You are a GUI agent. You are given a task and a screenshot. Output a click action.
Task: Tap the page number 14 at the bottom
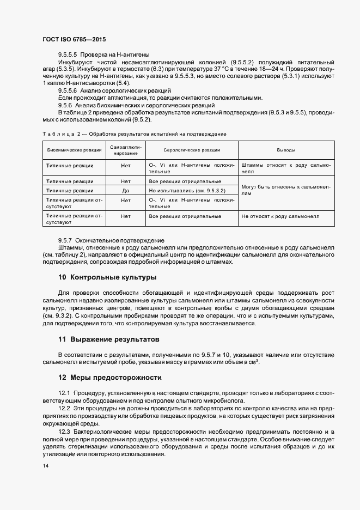[45, 466]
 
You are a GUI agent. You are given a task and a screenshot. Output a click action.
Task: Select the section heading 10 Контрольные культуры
[107, 277]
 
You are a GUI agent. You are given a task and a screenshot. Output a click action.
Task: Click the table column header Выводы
[287, 150]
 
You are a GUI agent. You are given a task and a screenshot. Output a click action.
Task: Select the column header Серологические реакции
[192, 150]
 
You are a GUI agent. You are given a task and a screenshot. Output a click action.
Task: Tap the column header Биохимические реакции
[75, 150]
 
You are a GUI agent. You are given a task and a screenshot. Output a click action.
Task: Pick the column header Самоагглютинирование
[126, 150]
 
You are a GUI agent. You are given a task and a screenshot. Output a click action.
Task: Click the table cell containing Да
[126, 191]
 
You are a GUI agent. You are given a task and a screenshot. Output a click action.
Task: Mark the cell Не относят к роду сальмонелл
[280, 216]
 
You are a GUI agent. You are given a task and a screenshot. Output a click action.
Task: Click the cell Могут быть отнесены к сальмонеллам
[287, 190]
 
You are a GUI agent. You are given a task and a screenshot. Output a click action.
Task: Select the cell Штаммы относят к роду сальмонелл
[287, 167]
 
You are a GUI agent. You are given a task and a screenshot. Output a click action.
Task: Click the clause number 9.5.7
[65, 240]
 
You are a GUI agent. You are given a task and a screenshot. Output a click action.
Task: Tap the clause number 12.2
[65, 408]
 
